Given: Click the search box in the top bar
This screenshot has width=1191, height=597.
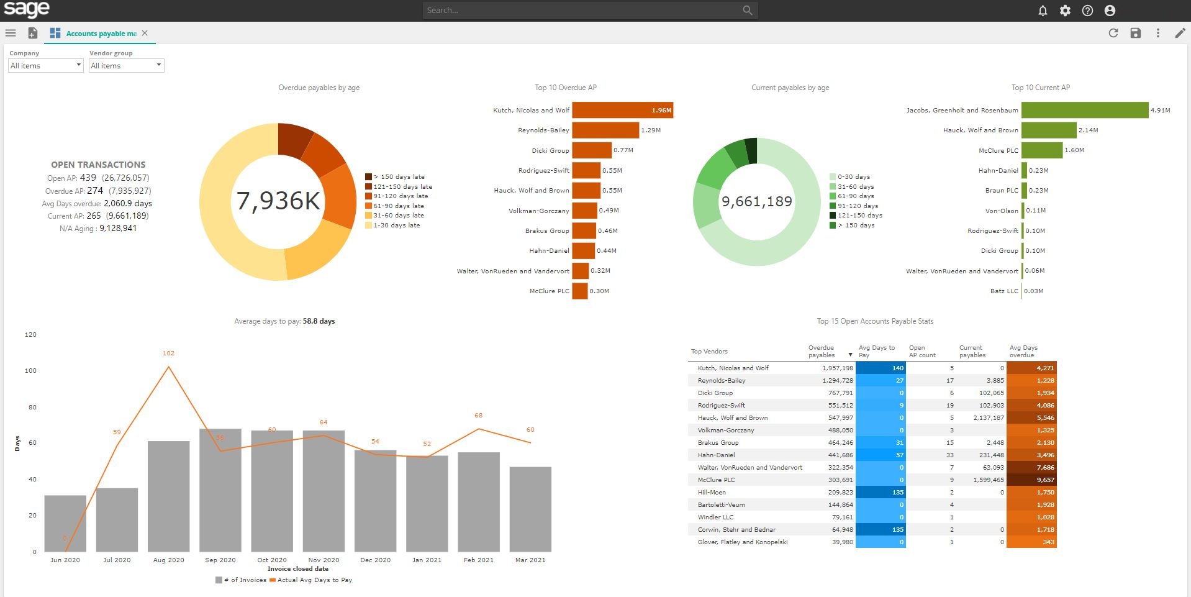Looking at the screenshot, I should [584, 11].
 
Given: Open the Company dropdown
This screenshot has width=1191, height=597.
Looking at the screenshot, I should [45, 66].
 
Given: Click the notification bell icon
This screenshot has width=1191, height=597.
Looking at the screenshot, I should [1043, 11].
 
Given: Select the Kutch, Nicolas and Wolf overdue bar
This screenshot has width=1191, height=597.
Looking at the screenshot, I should [622, 111].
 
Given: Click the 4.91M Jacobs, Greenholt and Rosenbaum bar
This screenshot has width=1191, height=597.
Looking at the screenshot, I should [1084, 111].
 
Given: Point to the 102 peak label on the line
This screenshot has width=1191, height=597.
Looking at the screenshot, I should [168, 353].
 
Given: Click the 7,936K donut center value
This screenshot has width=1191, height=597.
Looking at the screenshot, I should [278, 201].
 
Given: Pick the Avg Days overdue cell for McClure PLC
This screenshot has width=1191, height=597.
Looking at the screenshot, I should [1031, 480].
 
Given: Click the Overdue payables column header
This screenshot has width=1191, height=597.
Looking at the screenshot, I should [821, 352].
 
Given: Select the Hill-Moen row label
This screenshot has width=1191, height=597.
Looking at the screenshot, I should [712, 493].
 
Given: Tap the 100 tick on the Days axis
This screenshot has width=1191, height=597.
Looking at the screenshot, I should [30, 371].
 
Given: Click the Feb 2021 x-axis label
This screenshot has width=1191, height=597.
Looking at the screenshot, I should [478, 560].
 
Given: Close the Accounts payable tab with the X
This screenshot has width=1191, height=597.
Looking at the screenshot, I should [145, 34].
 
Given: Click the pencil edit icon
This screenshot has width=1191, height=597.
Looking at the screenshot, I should [1180, 34].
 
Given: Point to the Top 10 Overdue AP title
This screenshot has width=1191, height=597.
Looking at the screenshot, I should [565, 88].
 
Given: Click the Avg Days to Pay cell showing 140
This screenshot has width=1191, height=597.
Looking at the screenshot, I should [880, 368].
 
